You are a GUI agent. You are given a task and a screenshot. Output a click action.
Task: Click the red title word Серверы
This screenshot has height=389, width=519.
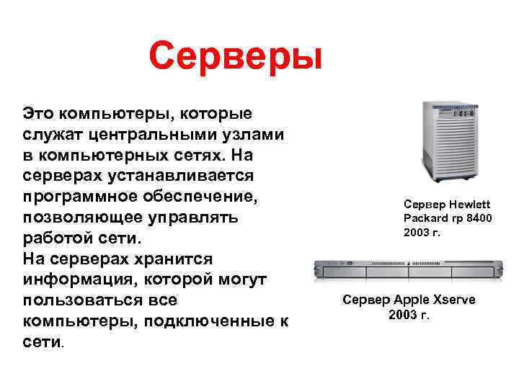[235, 55]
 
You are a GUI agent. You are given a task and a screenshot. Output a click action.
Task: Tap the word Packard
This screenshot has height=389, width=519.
[425, 218]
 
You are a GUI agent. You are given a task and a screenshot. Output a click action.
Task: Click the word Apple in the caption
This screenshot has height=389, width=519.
[411, 300]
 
